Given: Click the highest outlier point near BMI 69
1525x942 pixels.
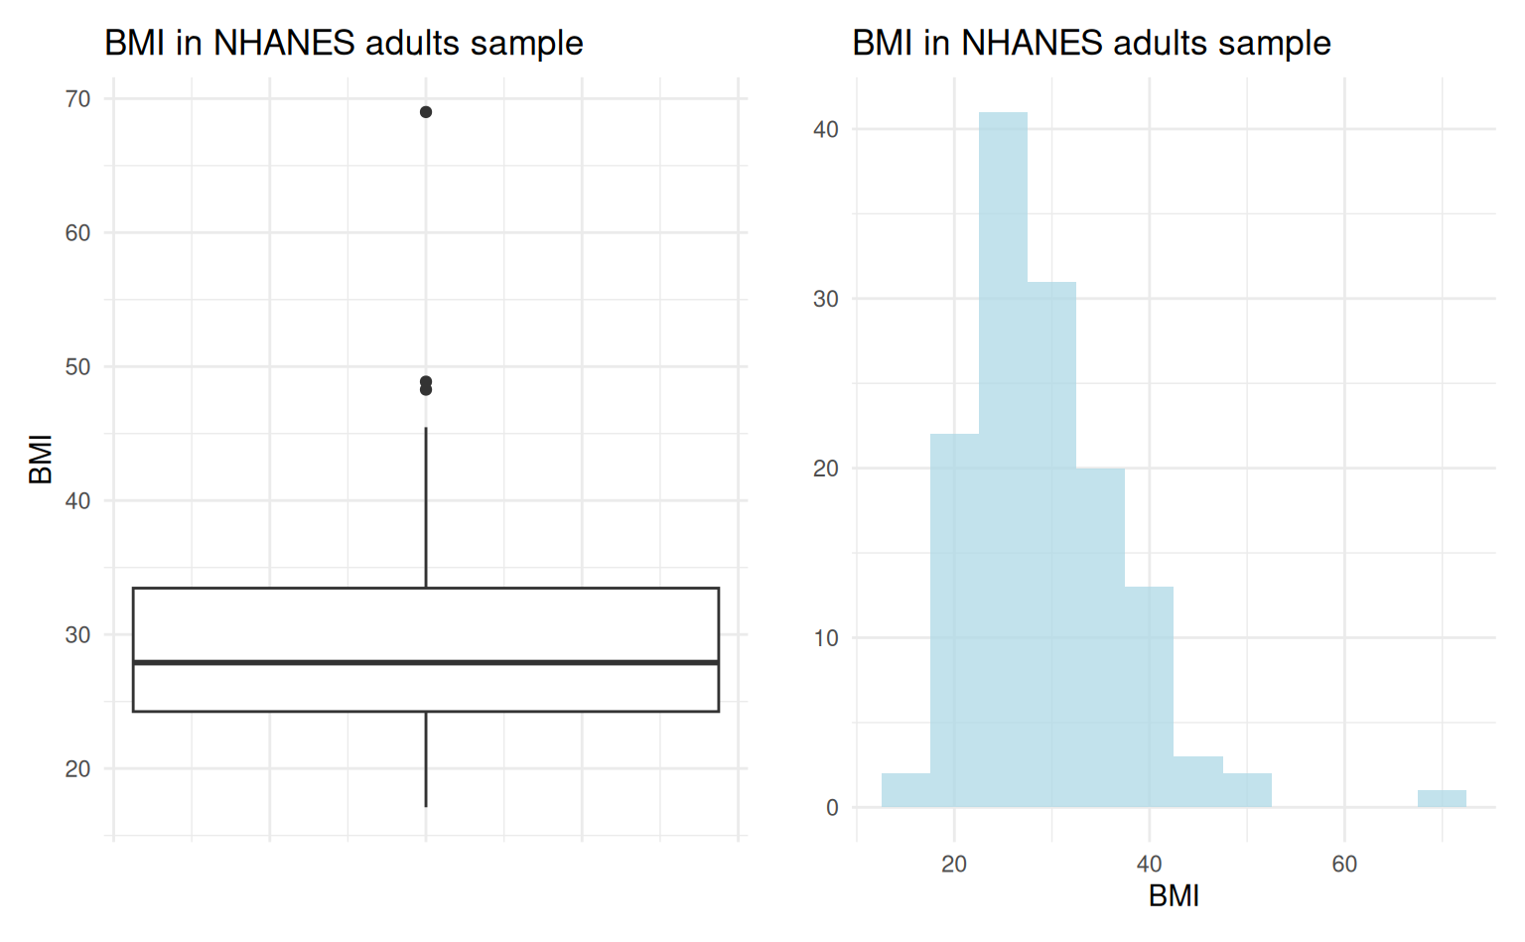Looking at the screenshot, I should click(426, 112).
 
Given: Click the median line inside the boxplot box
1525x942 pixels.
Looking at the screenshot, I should click(426, 662).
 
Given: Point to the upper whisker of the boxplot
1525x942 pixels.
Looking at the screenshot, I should click(426, 507).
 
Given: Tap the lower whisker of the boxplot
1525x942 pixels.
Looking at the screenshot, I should click(426, 758).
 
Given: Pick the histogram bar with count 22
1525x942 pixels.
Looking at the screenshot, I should click(954, 620).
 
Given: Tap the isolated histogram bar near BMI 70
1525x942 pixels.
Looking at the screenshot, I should click(1442, 799).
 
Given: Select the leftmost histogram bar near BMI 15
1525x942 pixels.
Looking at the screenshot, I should click(905, 790).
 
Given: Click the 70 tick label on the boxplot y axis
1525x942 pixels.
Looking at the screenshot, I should click(77, 99).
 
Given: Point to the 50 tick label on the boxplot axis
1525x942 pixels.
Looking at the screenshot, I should click(77, 367).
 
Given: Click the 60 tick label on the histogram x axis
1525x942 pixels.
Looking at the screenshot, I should click(1344, 865).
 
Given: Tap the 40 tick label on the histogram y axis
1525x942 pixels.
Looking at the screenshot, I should click(825, 129).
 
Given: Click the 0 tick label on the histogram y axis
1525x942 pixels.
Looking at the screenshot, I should click(832, 808).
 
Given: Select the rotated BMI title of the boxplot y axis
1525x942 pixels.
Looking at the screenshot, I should click(41, 460).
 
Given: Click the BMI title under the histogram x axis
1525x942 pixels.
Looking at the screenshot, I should click(1174, 896).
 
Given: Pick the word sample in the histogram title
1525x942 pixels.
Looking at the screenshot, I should click(1274, 44).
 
